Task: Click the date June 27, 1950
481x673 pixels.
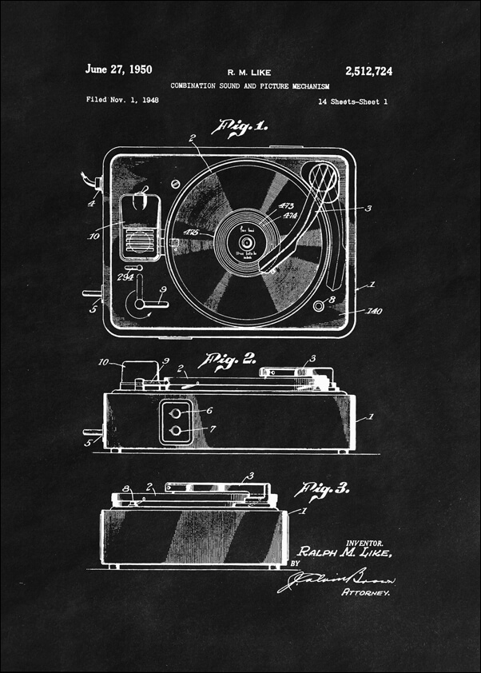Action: [x=118, y=70]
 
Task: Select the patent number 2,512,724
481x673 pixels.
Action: [x=369, y=71]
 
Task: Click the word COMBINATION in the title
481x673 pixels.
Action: [x=197, y=86]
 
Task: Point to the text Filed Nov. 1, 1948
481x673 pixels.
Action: [x=118, y=101]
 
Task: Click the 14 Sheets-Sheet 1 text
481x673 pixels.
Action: [x=352, y=102]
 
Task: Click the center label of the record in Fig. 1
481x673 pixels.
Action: [x=244, y=241]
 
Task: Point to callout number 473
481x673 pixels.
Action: [x=284, y=206]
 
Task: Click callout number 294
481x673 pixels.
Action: [x=125, y=277]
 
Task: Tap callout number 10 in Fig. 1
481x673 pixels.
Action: [x=93, y=236]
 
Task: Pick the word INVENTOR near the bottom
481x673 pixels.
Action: [x=363, y=542]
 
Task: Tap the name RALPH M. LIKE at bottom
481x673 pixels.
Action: [x=345, y=553]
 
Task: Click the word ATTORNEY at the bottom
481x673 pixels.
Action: [x=366, y=593]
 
